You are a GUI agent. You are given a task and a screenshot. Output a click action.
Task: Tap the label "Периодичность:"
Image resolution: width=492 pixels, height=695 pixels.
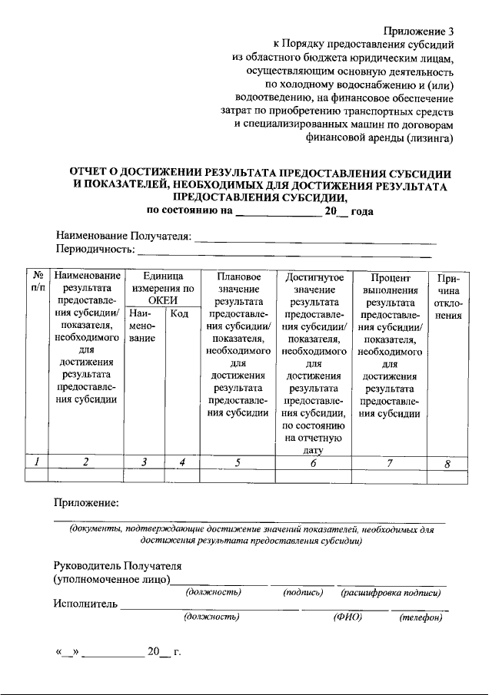click(95, 250)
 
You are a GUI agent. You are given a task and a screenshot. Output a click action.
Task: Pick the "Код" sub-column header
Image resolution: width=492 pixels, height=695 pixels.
click(180, 313)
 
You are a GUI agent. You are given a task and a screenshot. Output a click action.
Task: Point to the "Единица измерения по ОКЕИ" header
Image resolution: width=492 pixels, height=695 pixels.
click(162, 288)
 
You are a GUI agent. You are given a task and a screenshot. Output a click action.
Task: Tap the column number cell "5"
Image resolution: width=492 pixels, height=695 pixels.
click(238, 462)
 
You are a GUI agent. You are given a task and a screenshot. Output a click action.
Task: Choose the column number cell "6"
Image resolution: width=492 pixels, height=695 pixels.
click(313, 463)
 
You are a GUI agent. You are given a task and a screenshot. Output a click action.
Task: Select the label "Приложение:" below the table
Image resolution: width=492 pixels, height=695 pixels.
click(85, 504)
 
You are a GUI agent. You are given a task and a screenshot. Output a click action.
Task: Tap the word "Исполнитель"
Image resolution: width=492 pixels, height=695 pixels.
click(85, 604)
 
